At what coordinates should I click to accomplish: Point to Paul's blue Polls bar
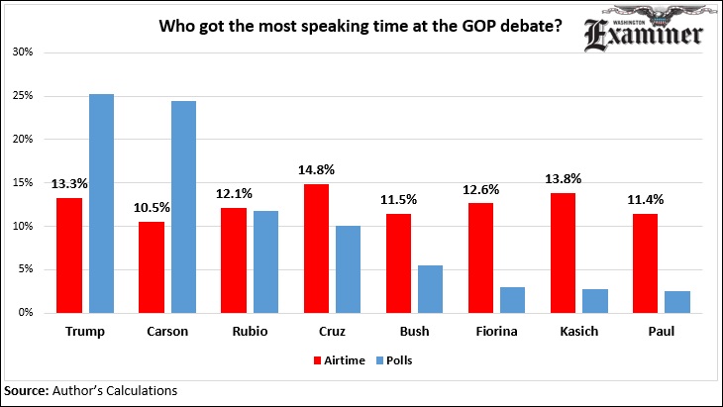pos(677,301)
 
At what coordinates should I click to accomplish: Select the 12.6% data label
pos(479,186)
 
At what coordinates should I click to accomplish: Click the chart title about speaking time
pos(361,27)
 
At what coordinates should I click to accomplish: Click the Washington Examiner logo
pos(643,32)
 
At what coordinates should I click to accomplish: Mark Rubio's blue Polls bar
pos(264,261)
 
